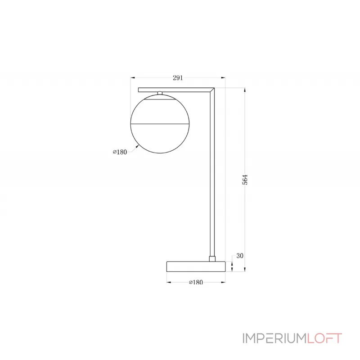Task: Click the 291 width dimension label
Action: [178, 78]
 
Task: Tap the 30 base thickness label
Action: [239, 256]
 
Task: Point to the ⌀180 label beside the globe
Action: [120, 152]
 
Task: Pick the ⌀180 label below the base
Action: [195, 282]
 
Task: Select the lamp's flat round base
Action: [195, 266]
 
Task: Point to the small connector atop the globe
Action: [160, 93]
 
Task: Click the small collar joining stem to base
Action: [212, 258]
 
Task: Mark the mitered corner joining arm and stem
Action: [212, 90]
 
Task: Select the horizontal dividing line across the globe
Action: [160, 123]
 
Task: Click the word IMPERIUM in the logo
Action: [270, 338]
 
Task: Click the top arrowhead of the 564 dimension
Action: [245, 90]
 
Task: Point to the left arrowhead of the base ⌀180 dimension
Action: [168, 282]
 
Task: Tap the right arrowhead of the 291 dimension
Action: [223, 78]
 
